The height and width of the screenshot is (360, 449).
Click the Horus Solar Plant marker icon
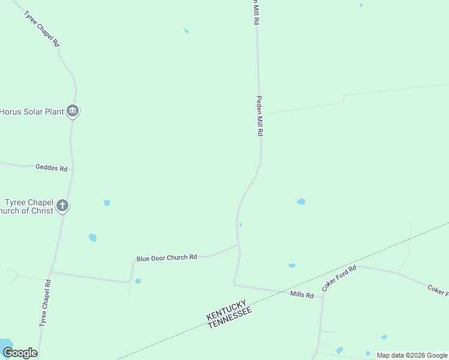coord(73,111)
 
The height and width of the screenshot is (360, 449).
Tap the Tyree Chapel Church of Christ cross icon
coord(62,206)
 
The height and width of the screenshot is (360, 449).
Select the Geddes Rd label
coord(51,168)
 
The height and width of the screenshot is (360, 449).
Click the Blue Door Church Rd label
coord(166,258)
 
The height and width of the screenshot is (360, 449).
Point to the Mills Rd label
coord(302,295)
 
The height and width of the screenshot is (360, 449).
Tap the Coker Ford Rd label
coord(339,278)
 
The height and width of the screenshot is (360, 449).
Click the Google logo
coord(20,353)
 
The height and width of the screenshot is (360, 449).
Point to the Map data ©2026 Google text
coord(411,355)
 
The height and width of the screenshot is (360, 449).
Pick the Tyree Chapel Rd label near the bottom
coord(45,302)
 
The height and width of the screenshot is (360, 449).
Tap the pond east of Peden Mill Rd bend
coord(301,202)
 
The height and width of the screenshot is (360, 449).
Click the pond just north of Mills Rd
coord(292,265)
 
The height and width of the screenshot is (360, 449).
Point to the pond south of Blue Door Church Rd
coord(138,281)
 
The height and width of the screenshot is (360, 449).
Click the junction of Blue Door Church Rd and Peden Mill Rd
coord(238,245)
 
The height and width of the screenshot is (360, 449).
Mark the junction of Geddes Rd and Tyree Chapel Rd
coord(73,169)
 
